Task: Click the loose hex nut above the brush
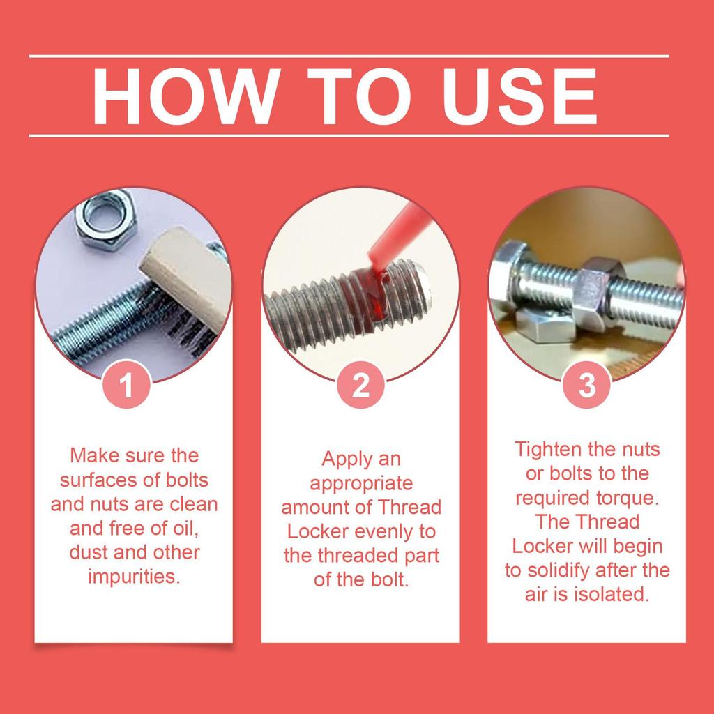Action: pyautogui.click(x=105, y=220)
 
